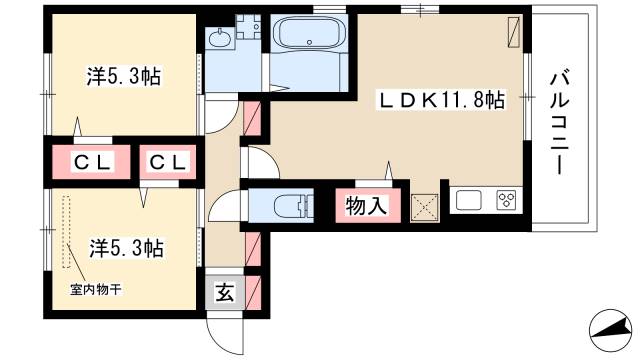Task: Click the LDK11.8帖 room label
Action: [439, 100]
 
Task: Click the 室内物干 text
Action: [96, 289]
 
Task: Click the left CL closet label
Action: [91, 162]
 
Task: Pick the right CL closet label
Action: [166, 162]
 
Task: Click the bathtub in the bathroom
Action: [311, 37]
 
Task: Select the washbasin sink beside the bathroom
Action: [219, 40]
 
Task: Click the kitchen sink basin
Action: [468, 200]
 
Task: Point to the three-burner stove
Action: [505, 200]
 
